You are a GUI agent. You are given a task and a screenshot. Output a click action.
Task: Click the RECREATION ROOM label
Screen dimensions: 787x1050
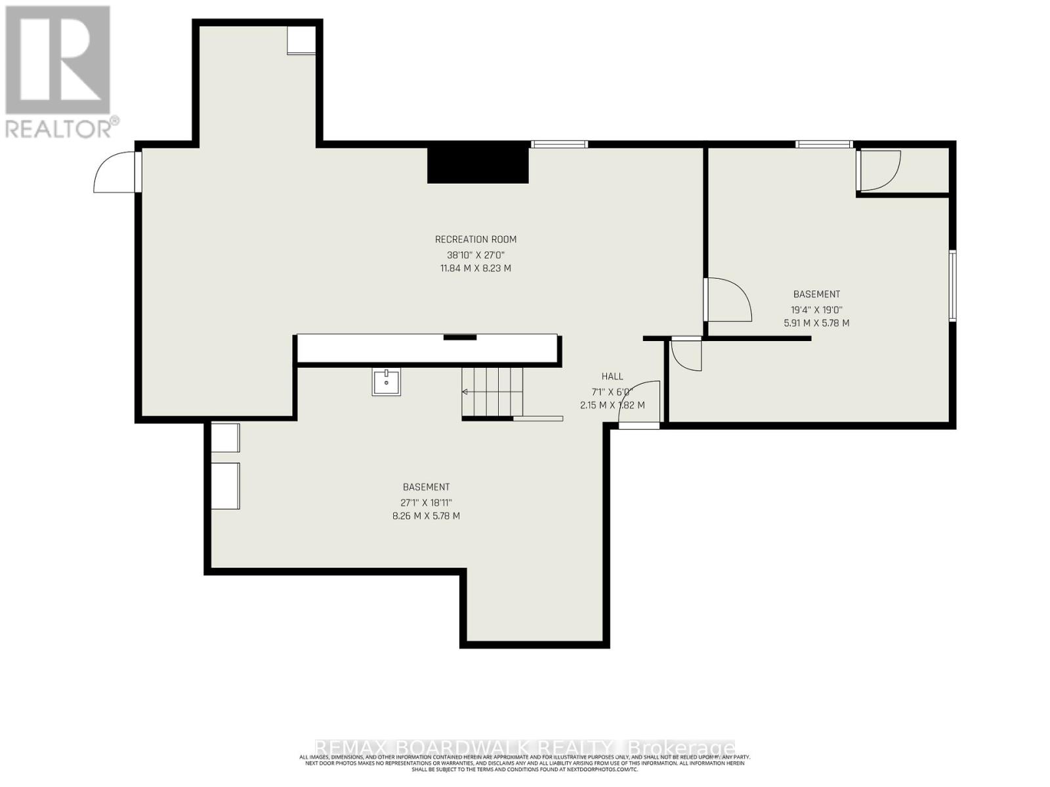point(475,239)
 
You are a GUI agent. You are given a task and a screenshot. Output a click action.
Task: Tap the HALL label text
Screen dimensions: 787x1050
point(612,376)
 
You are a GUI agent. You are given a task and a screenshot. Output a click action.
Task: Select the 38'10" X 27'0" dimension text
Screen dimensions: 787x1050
point(475,254)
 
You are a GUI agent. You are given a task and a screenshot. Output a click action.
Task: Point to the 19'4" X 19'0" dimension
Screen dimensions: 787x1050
point(816,310)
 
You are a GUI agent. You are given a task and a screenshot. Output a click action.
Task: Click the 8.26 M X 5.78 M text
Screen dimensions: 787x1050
point(426,516)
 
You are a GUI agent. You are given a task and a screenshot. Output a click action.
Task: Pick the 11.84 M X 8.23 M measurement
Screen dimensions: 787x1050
point(475,268)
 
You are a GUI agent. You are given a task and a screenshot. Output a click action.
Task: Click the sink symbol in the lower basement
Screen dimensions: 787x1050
point(387,382)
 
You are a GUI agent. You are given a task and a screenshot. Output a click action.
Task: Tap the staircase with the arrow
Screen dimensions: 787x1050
point(492,392)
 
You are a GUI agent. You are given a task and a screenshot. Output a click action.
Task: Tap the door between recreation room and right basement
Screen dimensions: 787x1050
point(727,300)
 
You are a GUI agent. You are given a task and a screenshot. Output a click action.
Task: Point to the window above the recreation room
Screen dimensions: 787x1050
point(559,144)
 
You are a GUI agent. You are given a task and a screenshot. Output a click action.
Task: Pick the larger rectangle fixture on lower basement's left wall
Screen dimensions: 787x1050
point(226,486)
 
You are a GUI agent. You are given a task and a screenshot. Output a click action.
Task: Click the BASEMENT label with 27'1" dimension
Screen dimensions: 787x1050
point(426,487)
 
